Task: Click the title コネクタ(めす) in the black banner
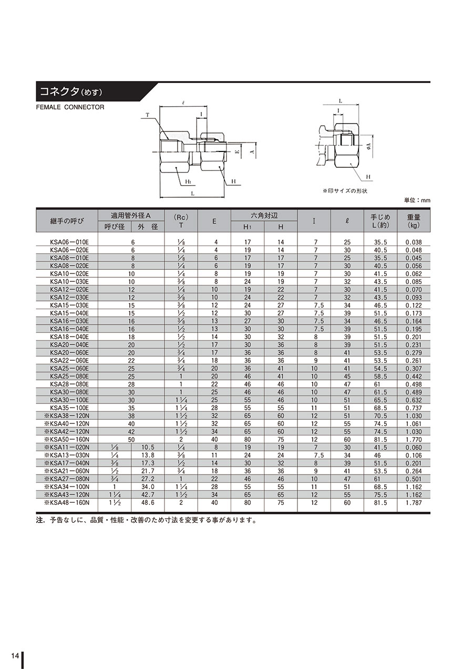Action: tap(71, 92)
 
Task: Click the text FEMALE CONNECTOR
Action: tap(70, 107)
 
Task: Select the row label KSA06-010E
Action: tap(69, 242)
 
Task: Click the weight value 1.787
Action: tap(414, 503)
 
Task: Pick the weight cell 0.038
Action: tap(414, 242)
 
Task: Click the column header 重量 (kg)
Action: tap(413, 220)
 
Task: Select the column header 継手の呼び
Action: tap(67, 221)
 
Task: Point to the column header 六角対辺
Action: tap(264, 216)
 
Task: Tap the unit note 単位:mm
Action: tap(417, 200)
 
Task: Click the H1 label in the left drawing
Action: tap(188, 181)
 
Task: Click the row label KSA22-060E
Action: tap(69, 361)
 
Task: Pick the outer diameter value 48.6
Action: tap(148, 503)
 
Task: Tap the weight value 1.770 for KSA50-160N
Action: tap(414, 440)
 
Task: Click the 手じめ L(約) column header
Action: tap(380, 220)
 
